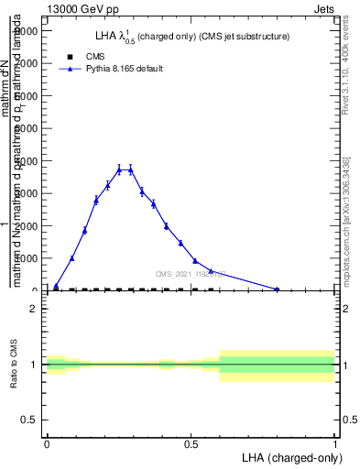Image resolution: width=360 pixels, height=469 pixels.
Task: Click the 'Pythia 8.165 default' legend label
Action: pos(125,69)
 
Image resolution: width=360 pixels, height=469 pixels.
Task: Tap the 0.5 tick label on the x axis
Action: pos(191,444)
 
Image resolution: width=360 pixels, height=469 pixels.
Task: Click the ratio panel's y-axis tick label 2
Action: pos(33,309)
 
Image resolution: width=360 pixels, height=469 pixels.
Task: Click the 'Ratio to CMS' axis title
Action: pos(14,365)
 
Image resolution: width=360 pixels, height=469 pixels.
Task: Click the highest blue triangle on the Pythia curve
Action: pos(119,169)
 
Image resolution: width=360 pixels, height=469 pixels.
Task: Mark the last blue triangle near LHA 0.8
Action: pos(278,289)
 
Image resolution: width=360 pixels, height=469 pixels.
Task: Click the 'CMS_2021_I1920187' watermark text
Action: pos(191,274)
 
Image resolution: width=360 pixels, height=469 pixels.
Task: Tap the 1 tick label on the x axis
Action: pos(335,444)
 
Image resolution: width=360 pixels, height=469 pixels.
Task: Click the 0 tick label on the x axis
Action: pos(47,444)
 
